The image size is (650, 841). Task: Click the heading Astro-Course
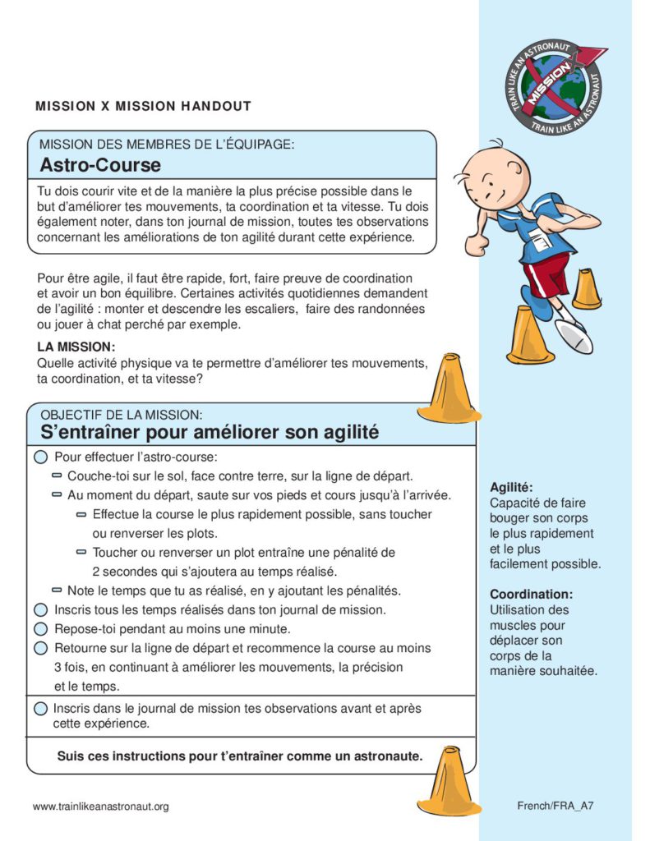[100, 165]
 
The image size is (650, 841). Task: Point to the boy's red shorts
[546, 274]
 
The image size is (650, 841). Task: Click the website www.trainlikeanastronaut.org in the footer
[101, 807]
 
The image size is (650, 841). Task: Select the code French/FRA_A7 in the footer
[555, 806]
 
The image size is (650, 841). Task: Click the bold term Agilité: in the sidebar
[511, 487]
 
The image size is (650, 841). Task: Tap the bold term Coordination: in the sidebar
[531, 594]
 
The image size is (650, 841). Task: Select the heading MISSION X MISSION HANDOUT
[143, 106]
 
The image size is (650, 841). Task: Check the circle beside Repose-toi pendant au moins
[40, 629]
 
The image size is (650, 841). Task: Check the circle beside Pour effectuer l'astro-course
[40, 457]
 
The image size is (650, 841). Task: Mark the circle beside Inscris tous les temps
[40, 610]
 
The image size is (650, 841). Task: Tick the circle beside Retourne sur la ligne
[40, 648]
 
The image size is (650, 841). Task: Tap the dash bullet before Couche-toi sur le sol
[57, 476]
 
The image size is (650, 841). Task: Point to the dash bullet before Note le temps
[57, 591]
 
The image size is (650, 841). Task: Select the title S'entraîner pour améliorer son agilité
[210, 431]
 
